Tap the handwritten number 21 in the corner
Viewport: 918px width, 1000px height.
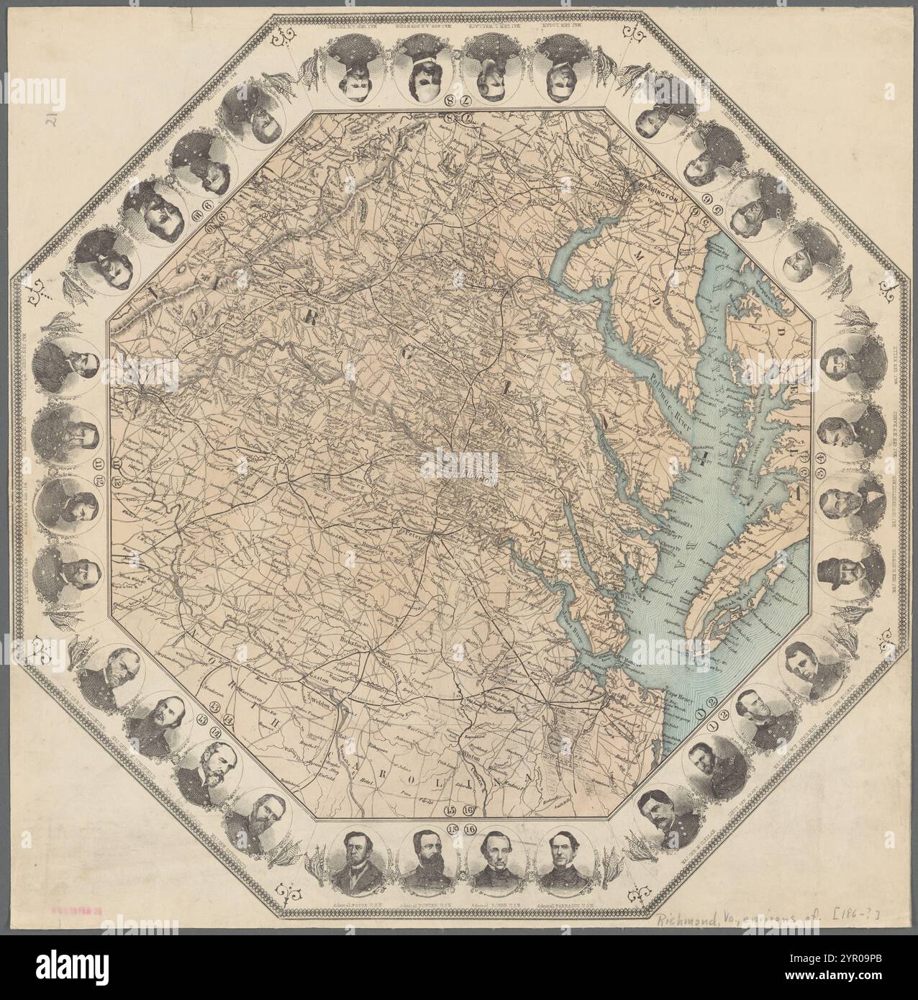click(51, 119)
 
